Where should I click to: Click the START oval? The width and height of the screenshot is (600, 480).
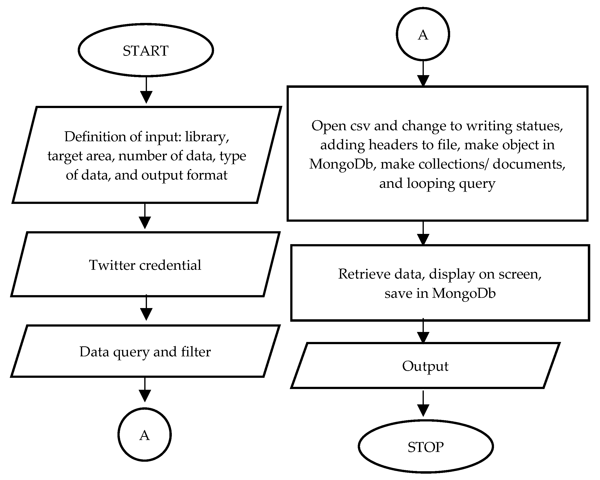(146, 50)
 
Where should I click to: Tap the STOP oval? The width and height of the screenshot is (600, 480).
(426, 447)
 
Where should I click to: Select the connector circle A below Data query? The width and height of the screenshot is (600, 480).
(145, 434)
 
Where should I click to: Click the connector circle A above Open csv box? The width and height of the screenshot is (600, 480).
(423, 34)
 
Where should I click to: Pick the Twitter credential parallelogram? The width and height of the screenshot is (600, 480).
(145, 265)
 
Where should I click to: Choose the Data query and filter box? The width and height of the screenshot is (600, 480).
(145, 351)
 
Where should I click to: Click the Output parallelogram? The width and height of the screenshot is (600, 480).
(425, 366)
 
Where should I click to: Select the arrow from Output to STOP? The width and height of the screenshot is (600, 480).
(423, 404)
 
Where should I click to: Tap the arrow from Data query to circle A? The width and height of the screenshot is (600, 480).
(145, 390)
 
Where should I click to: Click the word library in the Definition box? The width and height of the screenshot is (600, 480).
(206, 137)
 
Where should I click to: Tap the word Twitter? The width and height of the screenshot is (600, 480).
(112, 265)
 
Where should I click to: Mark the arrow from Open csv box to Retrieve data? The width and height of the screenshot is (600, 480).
(423, 234)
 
